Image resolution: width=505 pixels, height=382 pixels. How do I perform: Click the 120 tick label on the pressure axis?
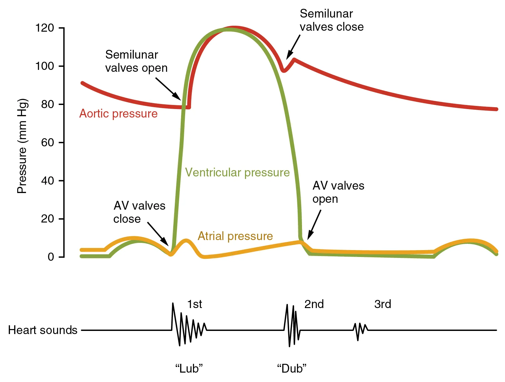coord(45,28)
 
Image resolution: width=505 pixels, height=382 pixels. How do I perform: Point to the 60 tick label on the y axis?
coord(48,143)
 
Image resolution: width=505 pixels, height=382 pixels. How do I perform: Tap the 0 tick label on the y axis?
coord(51,257)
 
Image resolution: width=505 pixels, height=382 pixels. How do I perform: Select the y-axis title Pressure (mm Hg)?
coord(22,146)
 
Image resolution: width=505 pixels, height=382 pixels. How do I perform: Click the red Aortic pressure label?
coord(118,113)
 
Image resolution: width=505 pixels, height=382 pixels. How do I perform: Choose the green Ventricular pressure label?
coord(237,172)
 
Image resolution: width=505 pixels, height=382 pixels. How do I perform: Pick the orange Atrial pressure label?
coord(235,236)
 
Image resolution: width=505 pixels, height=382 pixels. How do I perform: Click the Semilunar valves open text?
coord(136,61)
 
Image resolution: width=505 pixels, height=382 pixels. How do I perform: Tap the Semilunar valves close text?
coord(331,20)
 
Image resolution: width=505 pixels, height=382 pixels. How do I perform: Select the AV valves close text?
coord(139,212)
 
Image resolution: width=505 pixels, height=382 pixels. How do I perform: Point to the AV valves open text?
coord(338,192)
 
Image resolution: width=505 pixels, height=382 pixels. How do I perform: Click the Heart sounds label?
coord(43,330)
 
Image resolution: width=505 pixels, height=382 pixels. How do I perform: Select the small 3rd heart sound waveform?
coord(360,330)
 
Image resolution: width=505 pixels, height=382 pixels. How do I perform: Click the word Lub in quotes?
coord(189,368)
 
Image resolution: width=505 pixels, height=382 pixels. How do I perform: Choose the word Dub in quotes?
coord(292,368)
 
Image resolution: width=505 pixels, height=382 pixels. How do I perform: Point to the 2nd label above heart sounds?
coord(314,304)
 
